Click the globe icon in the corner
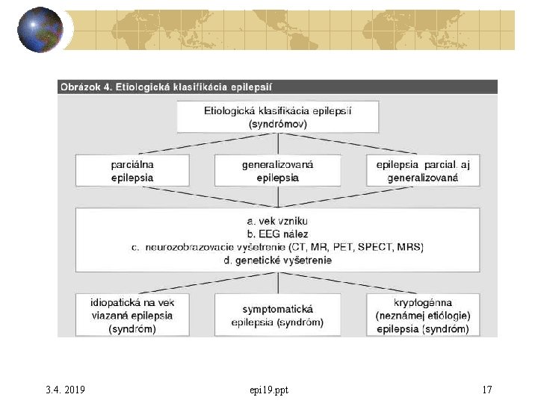point(40,30)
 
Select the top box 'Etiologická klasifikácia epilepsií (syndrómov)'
point(277,117)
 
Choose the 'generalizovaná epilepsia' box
point(277,171)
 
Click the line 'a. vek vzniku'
point(277,221)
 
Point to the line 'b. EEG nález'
point(277,234)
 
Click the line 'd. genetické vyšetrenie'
point(277,260)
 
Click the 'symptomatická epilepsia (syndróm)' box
point(277,315)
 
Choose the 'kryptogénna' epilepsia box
point(422,315)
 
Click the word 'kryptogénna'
point(422,302)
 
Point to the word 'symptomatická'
point(277,309)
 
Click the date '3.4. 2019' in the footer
point(65,390)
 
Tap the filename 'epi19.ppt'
point(269,390)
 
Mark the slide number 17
point(487,390)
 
